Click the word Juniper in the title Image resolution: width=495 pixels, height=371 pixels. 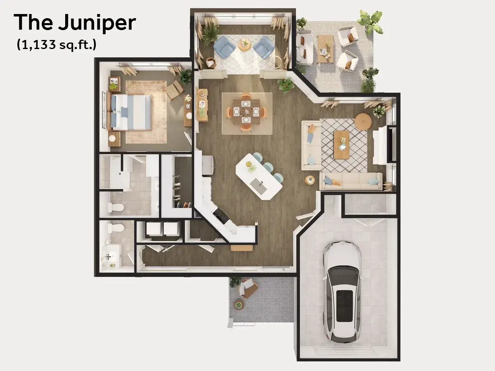[x=97, y=23]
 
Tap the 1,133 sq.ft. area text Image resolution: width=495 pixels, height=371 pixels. [x=57, y=45]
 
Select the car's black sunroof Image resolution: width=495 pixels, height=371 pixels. [x=345, y=306]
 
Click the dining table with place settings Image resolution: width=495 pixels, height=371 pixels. [x=246, y=111]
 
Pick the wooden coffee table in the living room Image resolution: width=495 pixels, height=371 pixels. [x=342, y=145]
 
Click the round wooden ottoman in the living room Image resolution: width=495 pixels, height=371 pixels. [x=363, y=121]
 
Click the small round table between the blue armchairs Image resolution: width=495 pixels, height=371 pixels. [x=244, y=45]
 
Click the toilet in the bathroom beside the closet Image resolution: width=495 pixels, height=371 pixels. [x=115, y=207]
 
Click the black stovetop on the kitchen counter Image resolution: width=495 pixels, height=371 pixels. [x=221, y=216]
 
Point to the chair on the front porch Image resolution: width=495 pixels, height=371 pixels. [x=247, y=288]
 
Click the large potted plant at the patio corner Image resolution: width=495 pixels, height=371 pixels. [x=371, y=21]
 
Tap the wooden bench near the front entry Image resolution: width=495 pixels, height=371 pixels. [x=242, y=248]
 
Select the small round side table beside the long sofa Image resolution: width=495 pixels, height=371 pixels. [x=310, y=180]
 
